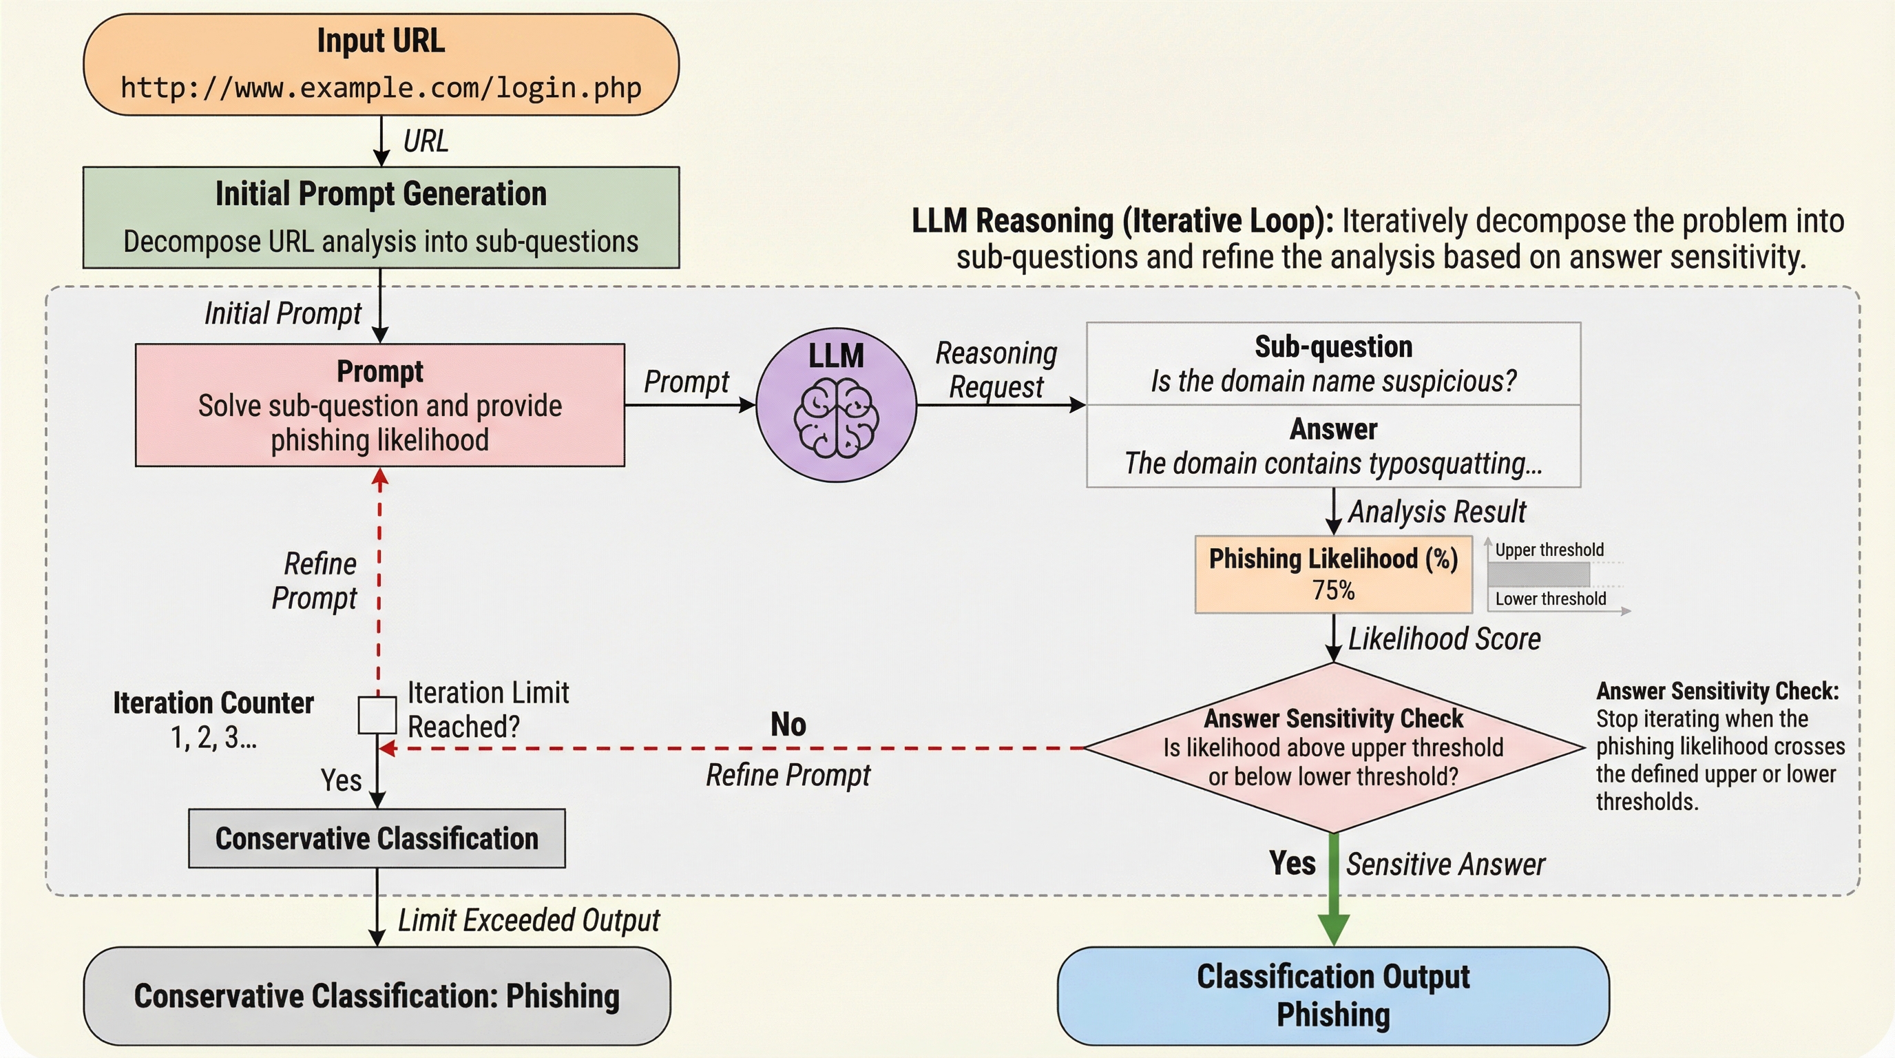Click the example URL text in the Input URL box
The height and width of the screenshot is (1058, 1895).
pyautogui.click(x=380, y=87)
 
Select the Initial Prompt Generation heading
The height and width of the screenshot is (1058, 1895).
pyautogui.click(x=380, y=194)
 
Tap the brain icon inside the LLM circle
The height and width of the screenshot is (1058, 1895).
pyautogui.click(x=836, y=418)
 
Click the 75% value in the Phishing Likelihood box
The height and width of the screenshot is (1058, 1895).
pyautogui.click(x=1333, y=590)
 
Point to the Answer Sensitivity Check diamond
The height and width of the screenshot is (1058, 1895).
pyautogui.click(x=1333, y=747)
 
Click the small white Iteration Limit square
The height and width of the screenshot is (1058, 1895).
pyautogui.click(x=377, y=715)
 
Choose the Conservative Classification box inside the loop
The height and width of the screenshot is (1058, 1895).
pyautogui.click(x=377, y=839)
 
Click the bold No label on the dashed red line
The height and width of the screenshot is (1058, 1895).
pyautogui.click(x=788, y=725)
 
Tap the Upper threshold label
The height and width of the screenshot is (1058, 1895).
pyautogui.click(x=1549, y=550)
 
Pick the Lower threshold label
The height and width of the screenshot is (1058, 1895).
pyautogui.click(x=1551, y=599)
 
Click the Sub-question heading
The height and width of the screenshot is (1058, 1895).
pyautogui.click(x=1333, y=346)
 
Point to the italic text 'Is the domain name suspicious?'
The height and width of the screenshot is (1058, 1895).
pyautogui.click(x=1333, y=381)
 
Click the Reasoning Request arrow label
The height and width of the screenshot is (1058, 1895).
pyautogui.click(x=996, y=370)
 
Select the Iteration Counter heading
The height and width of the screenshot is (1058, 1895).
pyautogui.click(x=213, y=703)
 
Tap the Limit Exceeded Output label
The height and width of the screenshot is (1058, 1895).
pyautogui.click(x=528, y=920)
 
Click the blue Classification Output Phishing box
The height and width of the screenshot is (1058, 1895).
pyautogui.click(x=1333, y=995)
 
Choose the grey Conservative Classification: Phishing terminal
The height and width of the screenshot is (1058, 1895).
pyautogui.click(x=377, y=995)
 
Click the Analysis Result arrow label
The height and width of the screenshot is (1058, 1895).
pyautogui.click(x=1436, y=512)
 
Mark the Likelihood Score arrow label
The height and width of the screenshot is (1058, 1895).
pyautogui.click(x=1444, y=639)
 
